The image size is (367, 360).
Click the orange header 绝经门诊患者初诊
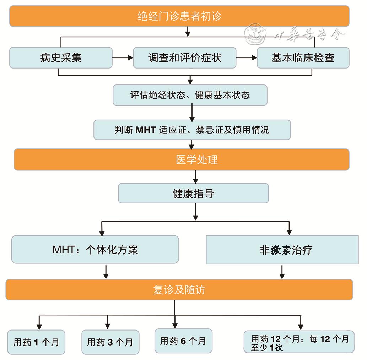pyautogui.click(x=179, y=16)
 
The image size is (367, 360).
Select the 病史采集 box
pyautogui.click(x=61, y=58)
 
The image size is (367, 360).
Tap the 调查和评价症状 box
pyautogui.click(x=184, y=58)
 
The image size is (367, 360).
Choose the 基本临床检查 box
pyautogui.click(x=303, y=58)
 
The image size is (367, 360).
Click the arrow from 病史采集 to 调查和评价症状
pyautogui.click(x=123, y=58)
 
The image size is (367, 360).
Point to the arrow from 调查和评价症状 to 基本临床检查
pyautogui.click(x=246, y=58)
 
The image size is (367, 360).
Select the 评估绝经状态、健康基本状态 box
pyautogui.click(x=190, y=95)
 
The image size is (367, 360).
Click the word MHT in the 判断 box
pyautogui.click(x=146, y=130)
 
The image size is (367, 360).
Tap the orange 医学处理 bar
pyautogui.click(x=181, y=159)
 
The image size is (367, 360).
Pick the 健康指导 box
pyautogui.click(x=193, y=193)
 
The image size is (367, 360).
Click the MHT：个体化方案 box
pyautogui.click(x=95, y=250)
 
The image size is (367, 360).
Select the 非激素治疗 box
pyautogui.click(x=282, y=250)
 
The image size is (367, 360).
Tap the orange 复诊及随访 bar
pyautogui.click(x=179, y=290)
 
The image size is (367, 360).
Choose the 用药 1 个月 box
pyautogui.click(x=36, y=342)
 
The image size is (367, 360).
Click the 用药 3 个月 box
pyautogui.click(x=110, y=342)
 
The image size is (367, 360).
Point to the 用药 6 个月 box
pyautogui.click(x=183, y=341)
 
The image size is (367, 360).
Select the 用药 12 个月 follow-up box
pyautogui.click(x=299, y=342)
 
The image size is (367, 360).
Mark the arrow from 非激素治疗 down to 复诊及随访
pyautogui.click(x=282, y=272)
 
